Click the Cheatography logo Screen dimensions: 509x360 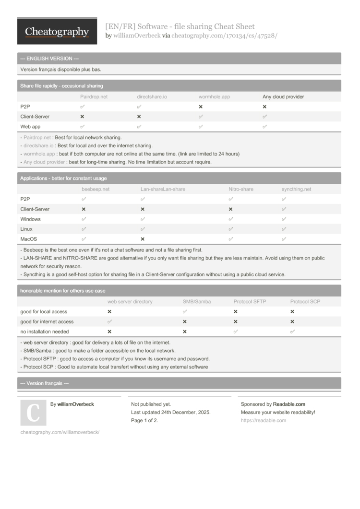tap(57, 32)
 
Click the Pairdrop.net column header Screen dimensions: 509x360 tap(94, 97)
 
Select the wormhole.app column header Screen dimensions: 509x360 tap(214, 97)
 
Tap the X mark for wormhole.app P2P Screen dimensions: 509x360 tap(201, 107)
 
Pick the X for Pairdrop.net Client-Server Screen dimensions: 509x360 tap(82, 117)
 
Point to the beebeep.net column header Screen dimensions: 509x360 tap(96, 189)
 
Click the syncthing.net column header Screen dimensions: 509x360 tap(296, 189)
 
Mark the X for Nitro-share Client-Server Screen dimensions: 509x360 tap(230, 209)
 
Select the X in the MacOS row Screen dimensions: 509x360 tap(143, 239)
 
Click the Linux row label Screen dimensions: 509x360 tap(27, 229)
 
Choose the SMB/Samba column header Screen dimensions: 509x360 tap(196, 302)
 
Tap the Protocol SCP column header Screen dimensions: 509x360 tap(305, 302)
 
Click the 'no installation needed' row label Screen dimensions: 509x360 tap(44, 331)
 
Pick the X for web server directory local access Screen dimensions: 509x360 tap(109, 312)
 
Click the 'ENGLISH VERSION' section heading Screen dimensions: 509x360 tap(47, 59)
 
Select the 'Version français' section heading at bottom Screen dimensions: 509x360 tap(45, 383)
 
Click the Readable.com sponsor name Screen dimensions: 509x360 tap(289, 404)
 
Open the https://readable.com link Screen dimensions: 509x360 tap(263, 421)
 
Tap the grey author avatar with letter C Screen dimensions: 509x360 tap(33, 413)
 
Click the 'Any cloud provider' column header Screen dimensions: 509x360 tap(283, 97)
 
